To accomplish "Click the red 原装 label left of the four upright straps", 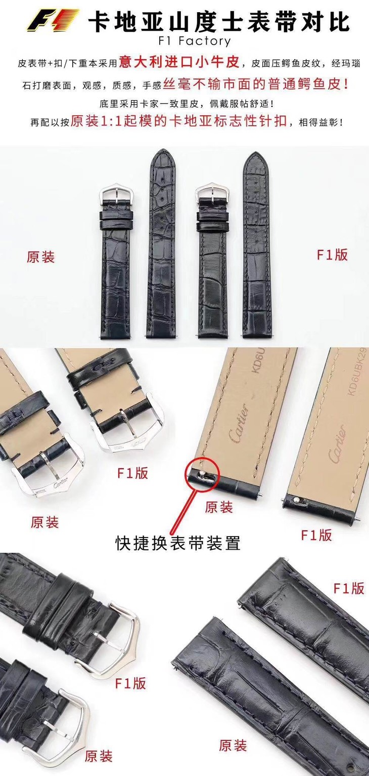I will point(40,257).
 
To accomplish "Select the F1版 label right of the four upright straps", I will point(332,255).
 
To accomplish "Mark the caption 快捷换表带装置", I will point(177,544).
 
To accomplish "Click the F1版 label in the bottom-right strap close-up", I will point(348,589).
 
